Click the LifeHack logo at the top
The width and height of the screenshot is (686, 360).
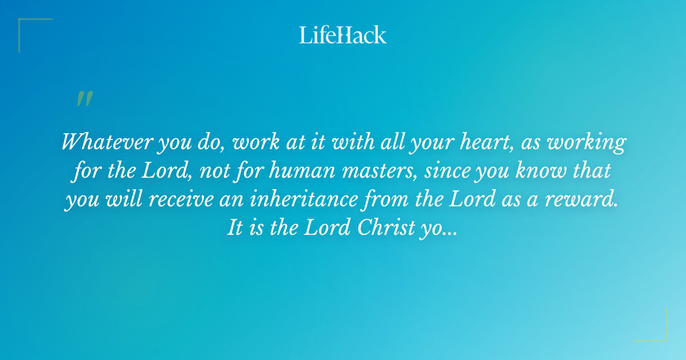point(343,35)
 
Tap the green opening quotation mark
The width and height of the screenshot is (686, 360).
point(84,99)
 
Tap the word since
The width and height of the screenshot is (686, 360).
point(446,171)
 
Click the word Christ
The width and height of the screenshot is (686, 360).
point(386,228)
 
